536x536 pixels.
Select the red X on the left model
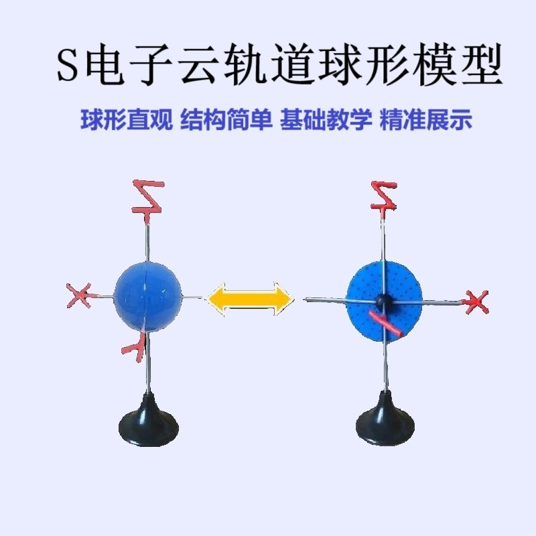tap(80, 295)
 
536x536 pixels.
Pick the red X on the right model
tap(476, 302)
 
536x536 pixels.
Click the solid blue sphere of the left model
tap(147, 297)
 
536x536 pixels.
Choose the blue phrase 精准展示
tap(425, 121)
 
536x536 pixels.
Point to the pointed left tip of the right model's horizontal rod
tap(306, 299)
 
